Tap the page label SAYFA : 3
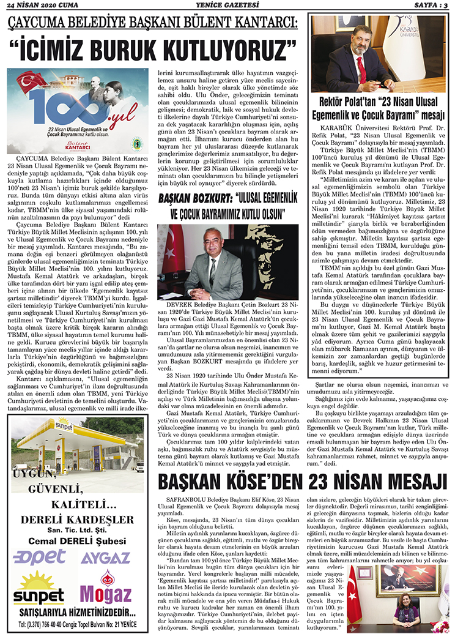[x=437, y=6]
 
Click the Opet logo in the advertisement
[x=40, y=557]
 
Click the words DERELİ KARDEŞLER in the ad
[x=76, y=520]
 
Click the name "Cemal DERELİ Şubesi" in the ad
[x=76, y=540]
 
